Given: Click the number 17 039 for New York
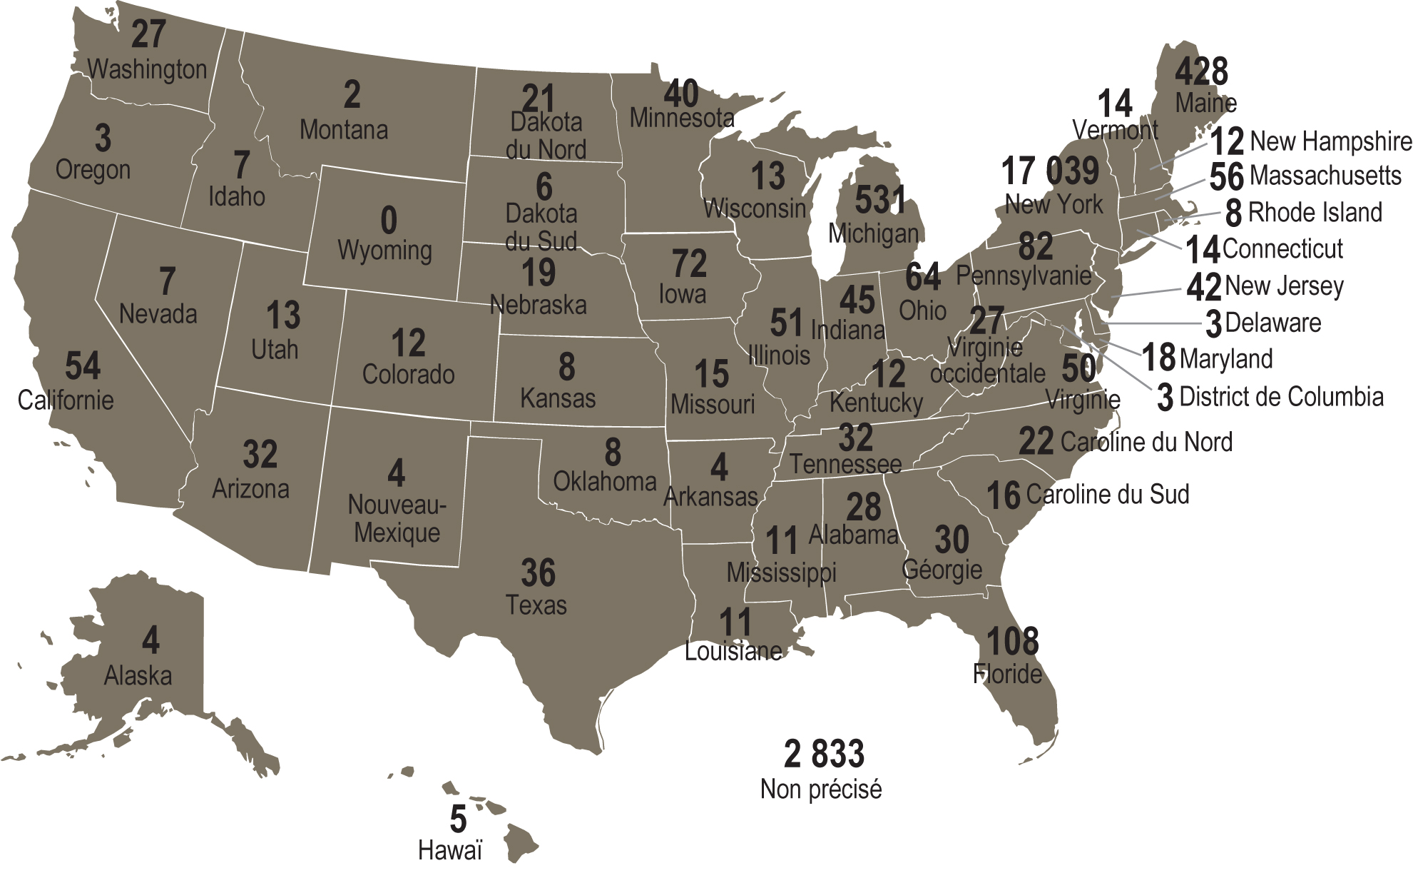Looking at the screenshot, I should [1050, 171].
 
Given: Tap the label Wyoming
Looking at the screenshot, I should [384, 251].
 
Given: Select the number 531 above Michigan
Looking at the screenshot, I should [880, 200].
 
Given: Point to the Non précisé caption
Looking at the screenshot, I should [821, 789].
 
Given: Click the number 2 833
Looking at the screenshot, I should [824, 755].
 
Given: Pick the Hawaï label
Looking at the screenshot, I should [450, 851].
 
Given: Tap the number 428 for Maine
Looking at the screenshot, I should [1202, 72].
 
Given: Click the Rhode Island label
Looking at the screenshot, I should [1315, 213].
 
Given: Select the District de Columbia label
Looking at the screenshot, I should [1281, 397].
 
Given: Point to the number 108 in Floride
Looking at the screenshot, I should [1012, 642].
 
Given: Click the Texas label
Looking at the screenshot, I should [536, 605].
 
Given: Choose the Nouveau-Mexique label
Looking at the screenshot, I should [397, 519].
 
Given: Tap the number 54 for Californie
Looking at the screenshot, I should [83, 366].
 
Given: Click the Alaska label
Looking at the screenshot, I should [138, 675].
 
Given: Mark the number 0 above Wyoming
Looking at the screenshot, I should [389, 221].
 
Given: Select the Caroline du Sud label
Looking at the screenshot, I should [1107, 495].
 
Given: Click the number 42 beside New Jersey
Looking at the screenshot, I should [1203, 288].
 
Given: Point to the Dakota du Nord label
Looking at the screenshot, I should [546, 136].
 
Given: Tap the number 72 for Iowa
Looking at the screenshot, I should [689, 264].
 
